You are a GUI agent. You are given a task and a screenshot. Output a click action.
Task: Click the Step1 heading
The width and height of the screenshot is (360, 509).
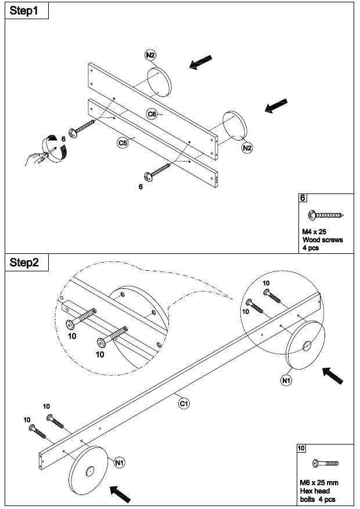[x=24, y=11]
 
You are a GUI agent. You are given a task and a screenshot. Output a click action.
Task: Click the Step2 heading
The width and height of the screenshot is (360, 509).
[x=24, y=263]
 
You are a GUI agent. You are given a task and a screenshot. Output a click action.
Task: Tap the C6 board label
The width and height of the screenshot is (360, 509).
[x=152, y=114]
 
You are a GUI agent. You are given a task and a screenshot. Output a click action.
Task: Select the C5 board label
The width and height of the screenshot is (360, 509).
[x=123, y=142]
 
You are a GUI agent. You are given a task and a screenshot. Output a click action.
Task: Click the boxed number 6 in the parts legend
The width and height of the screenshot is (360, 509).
[x=303, y=198]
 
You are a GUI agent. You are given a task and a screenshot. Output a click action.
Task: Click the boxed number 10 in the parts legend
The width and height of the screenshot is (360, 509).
[x=301, y=448]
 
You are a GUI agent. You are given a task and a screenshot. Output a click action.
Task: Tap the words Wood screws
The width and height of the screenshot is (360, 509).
[x=322, y=239]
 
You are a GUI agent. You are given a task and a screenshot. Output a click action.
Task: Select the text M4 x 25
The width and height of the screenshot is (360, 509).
[x=314, y=231]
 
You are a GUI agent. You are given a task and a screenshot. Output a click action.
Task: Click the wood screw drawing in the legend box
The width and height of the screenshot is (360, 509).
[x=327, y=216]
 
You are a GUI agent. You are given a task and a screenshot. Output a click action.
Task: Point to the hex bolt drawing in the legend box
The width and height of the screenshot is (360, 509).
[x=325, y=464]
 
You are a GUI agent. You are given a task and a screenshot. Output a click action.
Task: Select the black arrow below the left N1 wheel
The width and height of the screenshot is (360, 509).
[x=120, y=494]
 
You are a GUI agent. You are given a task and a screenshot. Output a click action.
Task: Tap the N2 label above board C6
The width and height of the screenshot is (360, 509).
[x=150, y=55]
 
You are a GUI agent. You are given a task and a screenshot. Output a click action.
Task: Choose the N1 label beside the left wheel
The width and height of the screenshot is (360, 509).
[x=120, y=463]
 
